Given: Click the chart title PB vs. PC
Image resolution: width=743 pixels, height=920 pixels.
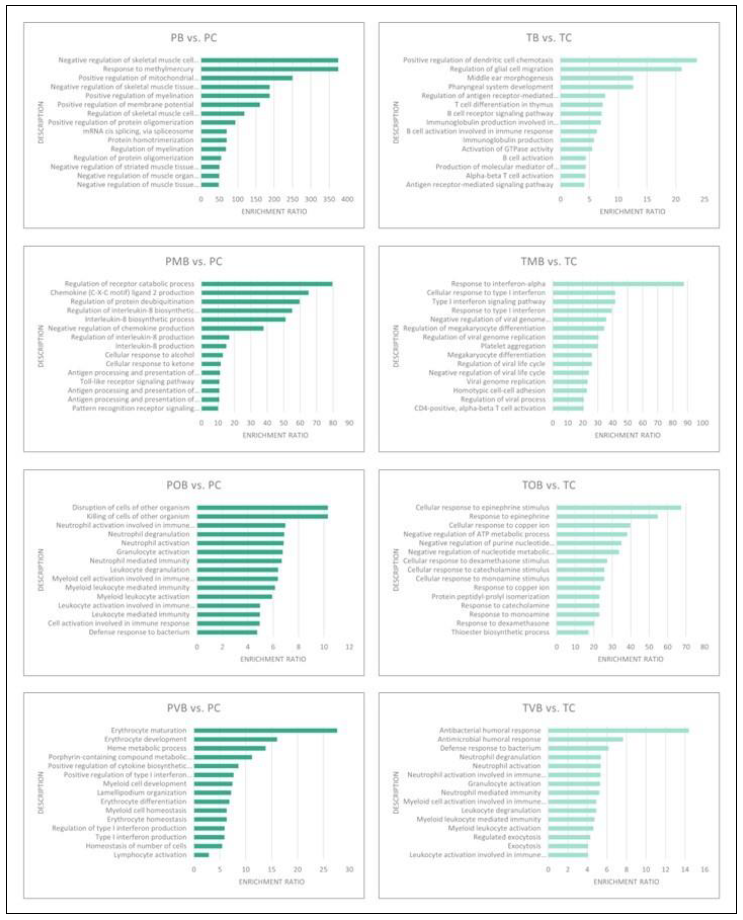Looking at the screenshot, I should click(x=193, y=38).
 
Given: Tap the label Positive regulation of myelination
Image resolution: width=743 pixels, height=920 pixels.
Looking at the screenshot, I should click(x=139, y=96).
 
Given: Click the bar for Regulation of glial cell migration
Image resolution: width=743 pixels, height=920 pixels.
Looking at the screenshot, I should click(x=620, y=69).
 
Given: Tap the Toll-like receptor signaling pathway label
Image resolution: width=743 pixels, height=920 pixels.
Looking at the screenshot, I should click(x=137, y=381).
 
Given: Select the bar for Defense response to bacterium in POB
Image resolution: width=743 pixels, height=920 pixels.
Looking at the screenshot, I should click(x=227, y=632).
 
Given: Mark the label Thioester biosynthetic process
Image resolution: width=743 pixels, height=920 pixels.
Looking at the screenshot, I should click(x=500, y=632).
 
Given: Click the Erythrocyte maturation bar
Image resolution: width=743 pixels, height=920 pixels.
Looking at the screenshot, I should click(x=265, y=731).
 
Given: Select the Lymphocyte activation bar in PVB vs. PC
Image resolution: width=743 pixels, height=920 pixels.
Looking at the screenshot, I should click(x=201, y=855).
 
